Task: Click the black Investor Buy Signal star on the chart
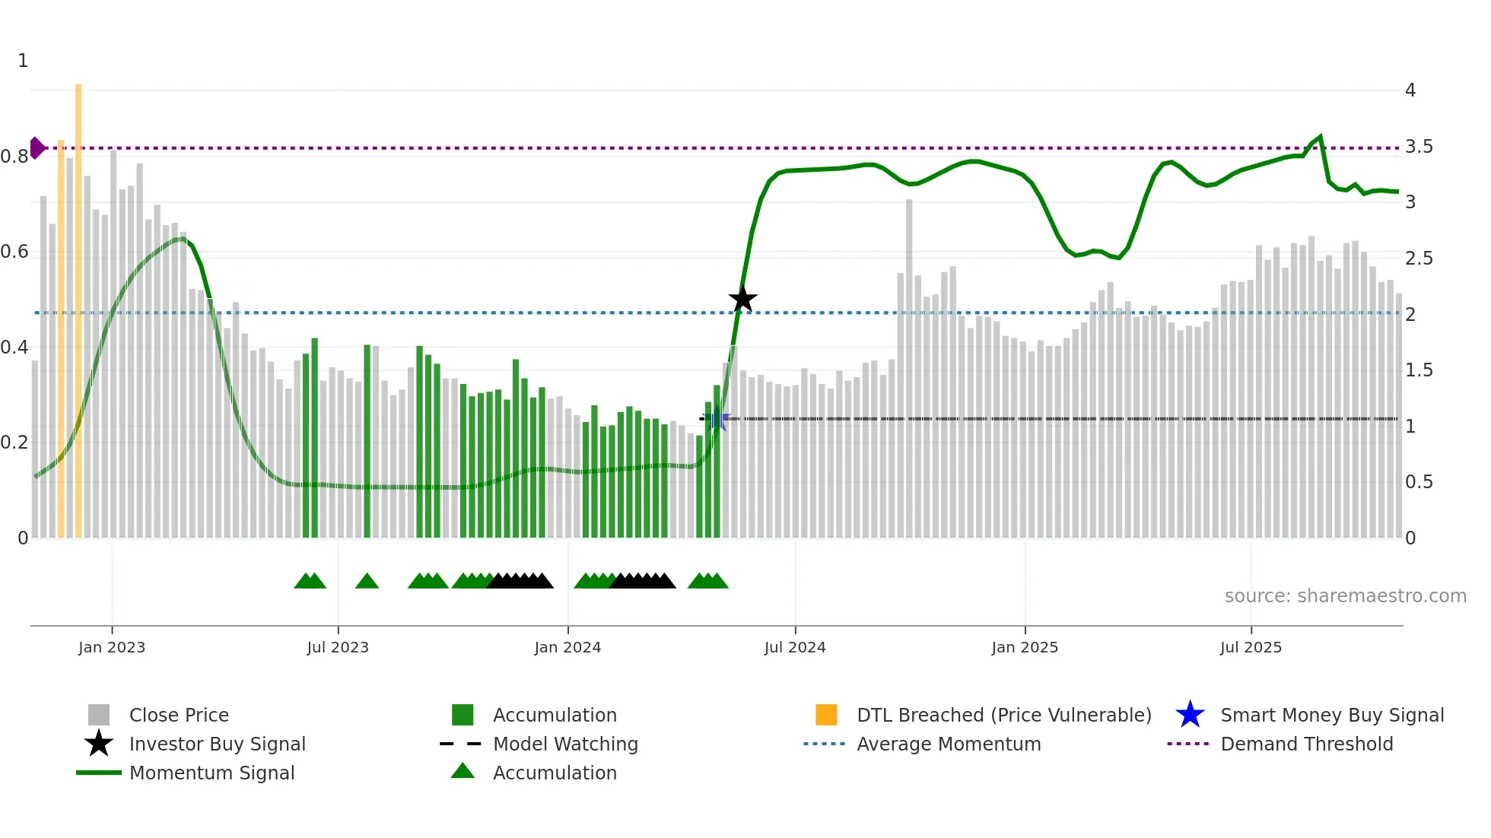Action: (742, 299)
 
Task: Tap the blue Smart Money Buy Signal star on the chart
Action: (716, 418)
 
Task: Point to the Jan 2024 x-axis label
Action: (567, 647)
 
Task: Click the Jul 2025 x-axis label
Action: (1251, 647)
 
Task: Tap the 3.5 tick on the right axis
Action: (1418, 147)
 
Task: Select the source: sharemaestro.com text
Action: (1345, 596)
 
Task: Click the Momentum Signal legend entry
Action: (211, 773)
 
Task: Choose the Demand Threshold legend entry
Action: (1306, 744)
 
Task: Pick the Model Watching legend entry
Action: (565, 744)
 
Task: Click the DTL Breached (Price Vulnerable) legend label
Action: (1003, 715)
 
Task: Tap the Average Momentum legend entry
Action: (948, 744)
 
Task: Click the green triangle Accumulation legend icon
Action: (463, 771)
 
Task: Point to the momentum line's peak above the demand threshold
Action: (1320, 138)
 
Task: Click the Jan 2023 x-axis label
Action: (112, 647)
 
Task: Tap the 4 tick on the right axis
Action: (1410, 90)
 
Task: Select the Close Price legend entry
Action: (178, 715)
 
